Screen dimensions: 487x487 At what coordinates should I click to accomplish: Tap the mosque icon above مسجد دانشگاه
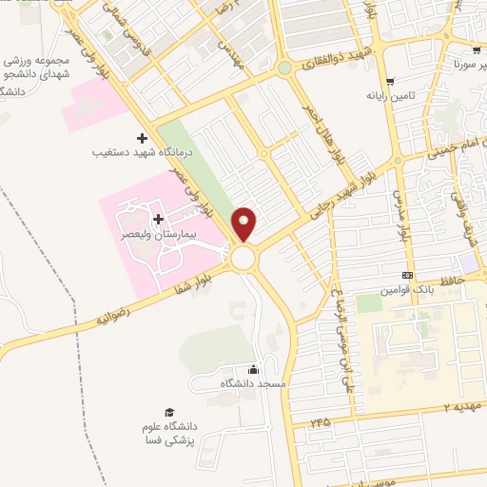(x=253, y=370)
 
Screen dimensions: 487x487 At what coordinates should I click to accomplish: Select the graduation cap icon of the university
(x=168, y=413)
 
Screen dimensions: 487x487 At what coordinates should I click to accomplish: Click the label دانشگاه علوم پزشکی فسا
(x=168, y=433)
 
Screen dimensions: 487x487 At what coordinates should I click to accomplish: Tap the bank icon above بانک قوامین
(x=407, y=275)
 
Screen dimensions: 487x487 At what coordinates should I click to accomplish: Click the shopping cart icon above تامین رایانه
(x=391, y=83)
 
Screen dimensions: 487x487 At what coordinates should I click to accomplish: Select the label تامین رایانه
(x=390, y=96)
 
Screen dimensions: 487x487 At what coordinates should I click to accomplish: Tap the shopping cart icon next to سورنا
(x=475, y=51)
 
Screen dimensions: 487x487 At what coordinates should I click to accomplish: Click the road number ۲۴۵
(x=322, y=419)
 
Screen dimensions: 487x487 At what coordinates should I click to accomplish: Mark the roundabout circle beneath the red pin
(x=243, y=258)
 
